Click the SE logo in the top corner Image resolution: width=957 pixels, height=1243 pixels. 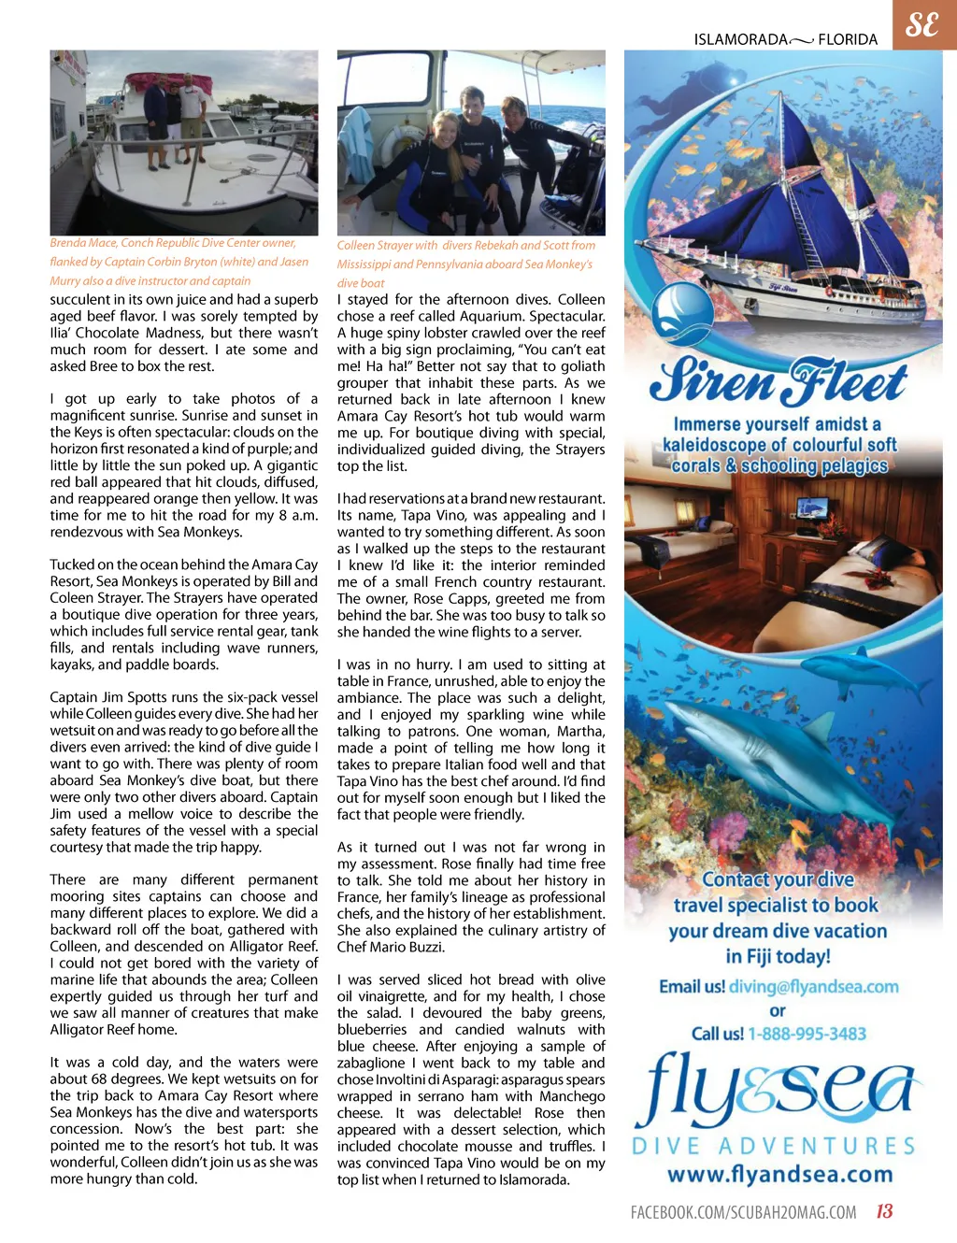(x=922, y=24)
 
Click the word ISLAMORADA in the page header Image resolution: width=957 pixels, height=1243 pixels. (x=740, y=39)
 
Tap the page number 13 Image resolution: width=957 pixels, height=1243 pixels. (x=884, y=1211)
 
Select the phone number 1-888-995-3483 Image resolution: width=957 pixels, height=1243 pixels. (x=807, y=1034)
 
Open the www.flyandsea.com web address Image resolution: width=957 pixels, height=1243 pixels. (x=779, y=1174)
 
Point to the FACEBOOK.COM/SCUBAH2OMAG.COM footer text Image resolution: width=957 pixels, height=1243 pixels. (x=743, y=1212)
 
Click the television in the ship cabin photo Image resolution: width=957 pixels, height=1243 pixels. (x=809, y=510)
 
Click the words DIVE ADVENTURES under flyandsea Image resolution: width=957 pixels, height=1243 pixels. (x=774, y=1146)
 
